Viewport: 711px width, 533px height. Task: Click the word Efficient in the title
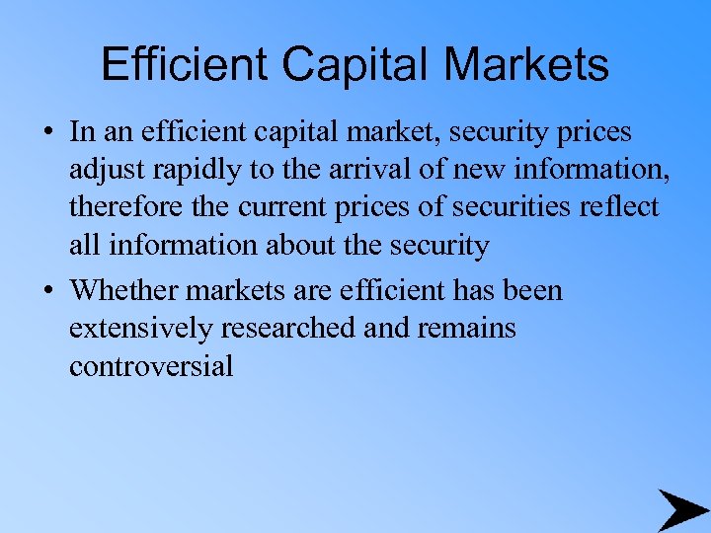[x=184, y=65]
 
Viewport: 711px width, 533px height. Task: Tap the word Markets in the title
[x=526, y=65]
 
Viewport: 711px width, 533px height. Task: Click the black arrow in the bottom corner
[x=681, y=509]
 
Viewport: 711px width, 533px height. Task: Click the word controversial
[x=151, y=366]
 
